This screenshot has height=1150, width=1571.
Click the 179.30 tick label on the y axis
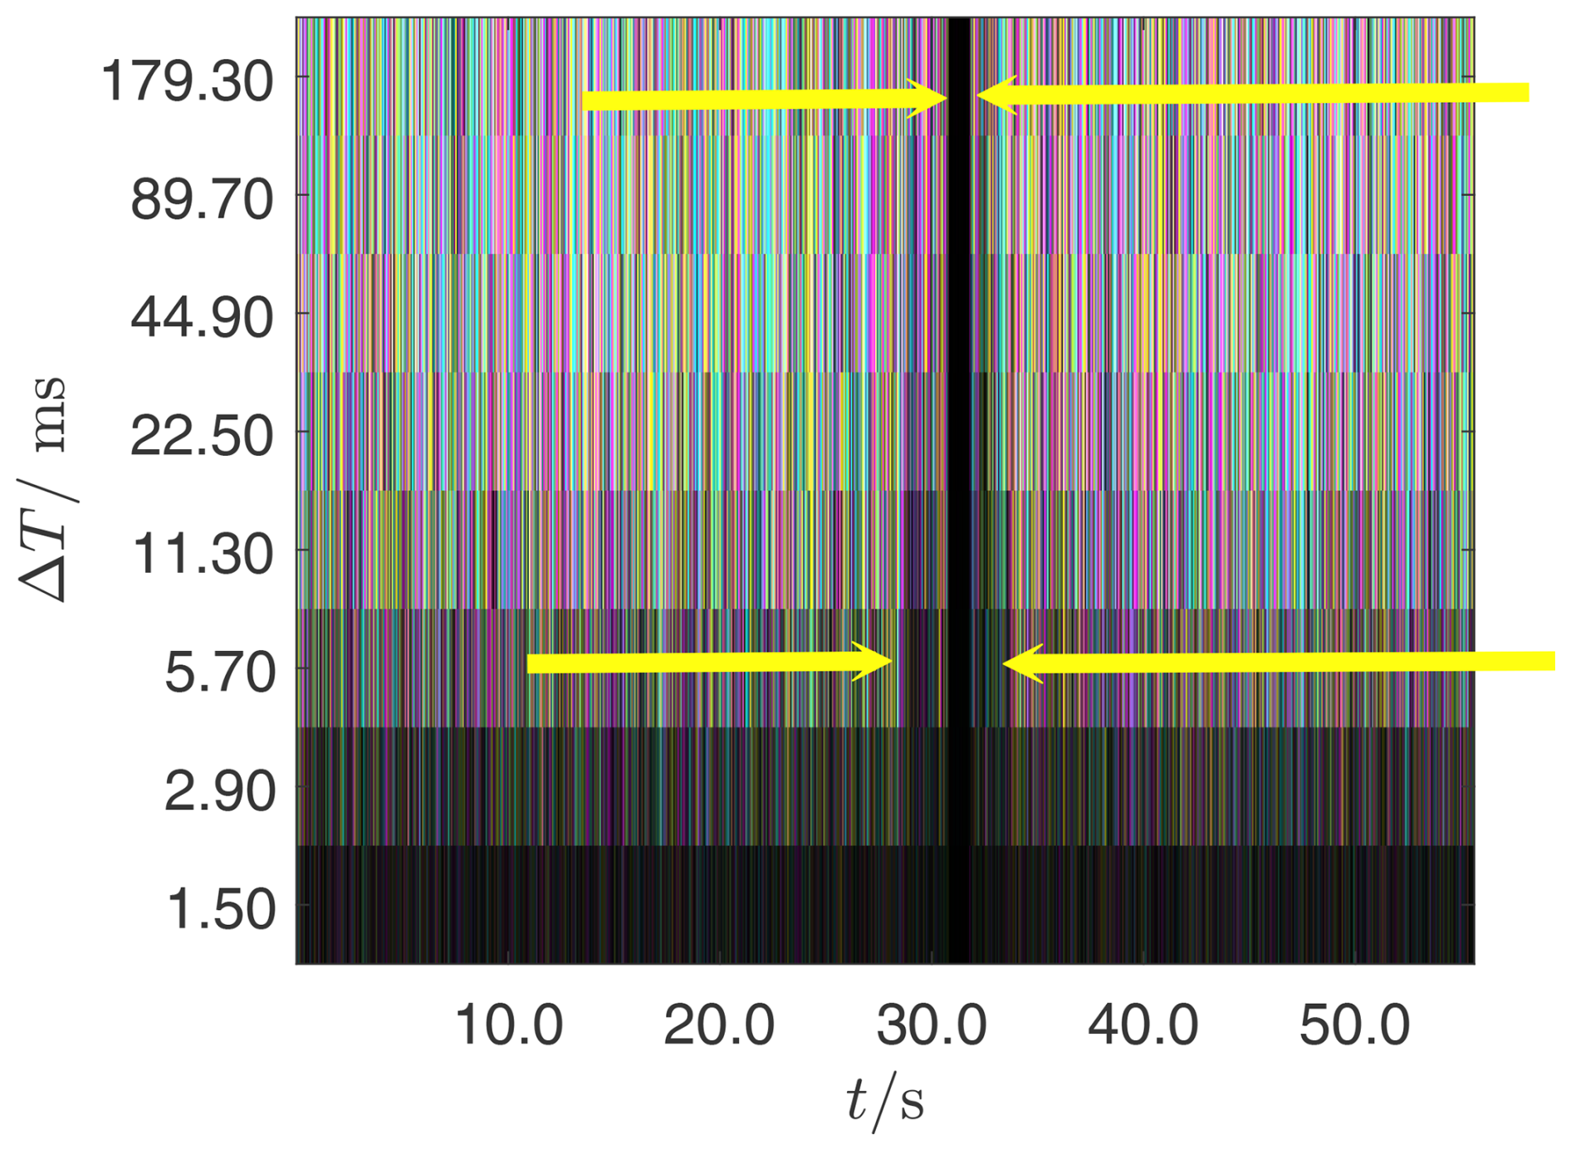pyautogui.click(x=187, y=82)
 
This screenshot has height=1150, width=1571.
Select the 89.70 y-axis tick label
pyautogui.click(x=202, y=200)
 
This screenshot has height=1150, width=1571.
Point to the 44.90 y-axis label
pyautogui.click(x=202, y=318)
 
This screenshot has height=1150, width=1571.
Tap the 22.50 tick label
pyautogui.click(x=202, y=436)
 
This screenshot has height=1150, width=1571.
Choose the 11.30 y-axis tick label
pyautogui.click(x=203, y=554)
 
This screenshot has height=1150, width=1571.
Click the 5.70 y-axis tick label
pyautogui.click(x=220, y=672)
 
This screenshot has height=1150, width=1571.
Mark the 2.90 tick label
pyautogui.click(x=220, y=790)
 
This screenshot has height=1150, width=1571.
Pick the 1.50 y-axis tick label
pyautogui.click(x=222, y=908)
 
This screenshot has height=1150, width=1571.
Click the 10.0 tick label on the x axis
pyautogui.click(x=508, y=1025)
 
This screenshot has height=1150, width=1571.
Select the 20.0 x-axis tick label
pyautogui.click(x=719, y=1025)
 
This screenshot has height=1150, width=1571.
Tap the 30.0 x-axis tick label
pyautogui.click(x=932, y=1025)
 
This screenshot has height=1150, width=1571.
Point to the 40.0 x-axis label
pyautogui.click(x=1143, y=1025)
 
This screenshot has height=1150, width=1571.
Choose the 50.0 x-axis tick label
pyautogui.click(x=1354, y=1025)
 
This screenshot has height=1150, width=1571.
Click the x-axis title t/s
pyautogui.click(x=885, y=1101)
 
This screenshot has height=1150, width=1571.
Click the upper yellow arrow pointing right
pyautogui.click(x=764, y=100)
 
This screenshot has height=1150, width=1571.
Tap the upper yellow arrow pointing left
pyautogui.click(x=1254, y=94)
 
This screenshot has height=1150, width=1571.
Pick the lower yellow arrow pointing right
pyautogui.click(x=710, y=663)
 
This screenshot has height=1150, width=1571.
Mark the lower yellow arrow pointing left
pyautogui.click(x=1279, y=663)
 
